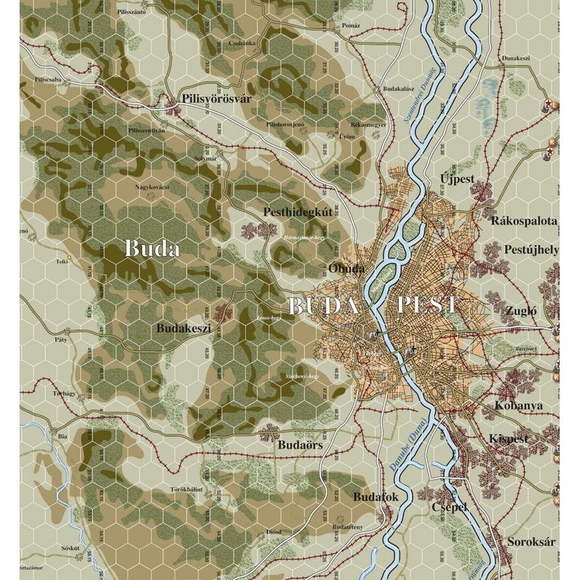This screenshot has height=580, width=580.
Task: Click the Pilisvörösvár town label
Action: click(x=215, y=99)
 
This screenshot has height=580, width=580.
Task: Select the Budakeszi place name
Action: click(x=183, y=328)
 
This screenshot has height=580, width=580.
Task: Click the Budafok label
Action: click(x=376, y=497)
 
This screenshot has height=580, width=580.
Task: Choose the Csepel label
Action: click(x=449, y=507)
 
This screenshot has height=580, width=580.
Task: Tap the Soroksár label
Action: click(x=525, y=542)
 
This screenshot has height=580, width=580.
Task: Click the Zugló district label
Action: click(x=523, y=310)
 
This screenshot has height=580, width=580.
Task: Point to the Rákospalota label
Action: click(x=524, y=220)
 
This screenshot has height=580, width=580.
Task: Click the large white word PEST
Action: click(x=428, y=305)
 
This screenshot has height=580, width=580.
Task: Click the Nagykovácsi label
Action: click(x=152, y=186)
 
